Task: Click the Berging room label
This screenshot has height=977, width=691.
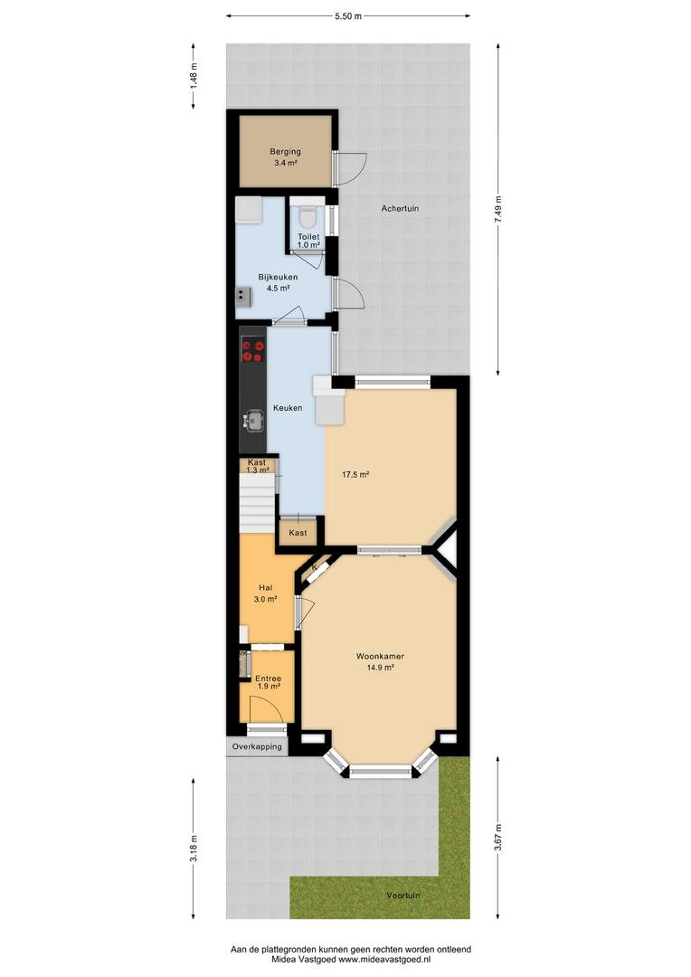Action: tap(286, 151)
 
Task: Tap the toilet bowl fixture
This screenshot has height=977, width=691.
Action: tap(308, 215)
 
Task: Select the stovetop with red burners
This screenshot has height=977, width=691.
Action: tap(253, 351)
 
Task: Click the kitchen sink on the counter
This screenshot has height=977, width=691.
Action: tap(253, 420)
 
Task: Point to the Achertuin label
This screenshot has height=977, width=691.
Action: tap(400, 209)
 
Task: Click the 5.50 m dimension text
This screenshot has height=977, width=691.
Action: tap(347, 17)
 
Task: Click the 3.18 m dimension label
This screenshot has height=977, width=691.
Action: tap(194, 849)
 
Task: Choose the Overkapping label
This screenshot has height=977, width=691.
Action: tap(257, 746)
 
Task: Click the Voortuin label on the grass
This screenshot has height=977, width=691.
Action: tap(403, 896)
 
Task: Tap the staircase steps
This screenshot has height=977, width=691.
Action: tap(258, 501)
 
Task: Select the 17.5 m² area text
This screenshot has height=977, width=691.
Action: tap(355, 475)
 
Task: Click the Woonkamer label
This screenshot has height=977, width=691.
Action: tap(380, 656)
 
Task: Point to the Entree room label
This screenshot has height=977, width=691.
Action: tap(268, 678)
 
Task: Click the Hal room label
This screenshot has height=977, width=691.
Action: tap(265, 588)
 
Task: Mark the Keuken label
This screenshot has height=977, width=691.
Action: tap(288, 408)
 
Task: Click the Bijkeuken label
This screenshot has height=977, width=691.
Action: tap(278, 278)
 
